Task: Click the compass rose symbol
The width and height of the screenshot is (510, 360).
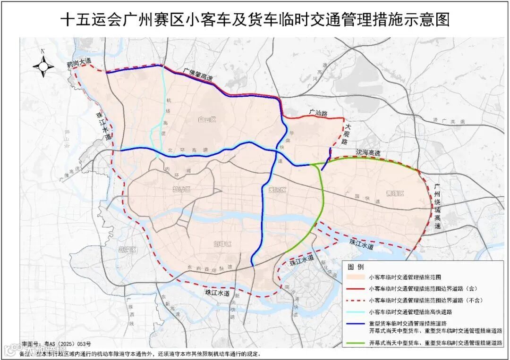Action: tap(43, 66)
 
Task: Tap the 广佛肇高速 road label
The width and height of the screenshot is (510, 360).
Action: tap(199, 75)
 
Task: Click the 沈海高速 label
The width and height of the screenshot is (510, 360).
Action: tap(368, 154)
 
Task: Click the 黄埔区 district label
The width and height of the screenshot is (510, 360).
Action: tap(394, 193)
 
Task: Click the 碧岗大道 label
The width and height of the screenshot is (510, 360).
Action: tap(78, 62)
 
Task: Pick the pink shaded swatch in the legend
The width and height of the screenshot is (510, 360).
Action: tap(356, 277)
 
